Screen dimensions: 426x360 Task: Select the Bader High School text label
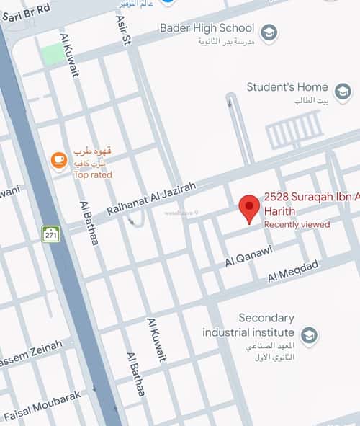coord(207,29)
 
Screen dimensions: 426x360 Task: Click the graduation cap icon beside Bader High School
coord(269,32)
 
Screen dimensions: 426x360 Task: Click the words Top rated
coord(93,174)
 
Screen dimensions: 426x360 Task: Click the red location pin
coord(249,208)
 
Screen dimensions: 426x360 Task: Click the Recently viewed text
coord(297,225)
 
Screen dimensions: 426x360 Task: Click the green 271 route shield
coord(50,234)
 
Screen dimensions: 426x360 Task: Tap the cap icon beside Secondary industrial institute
coord(309,336)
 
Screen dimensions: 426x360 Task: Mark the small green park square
coord(52,53)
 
